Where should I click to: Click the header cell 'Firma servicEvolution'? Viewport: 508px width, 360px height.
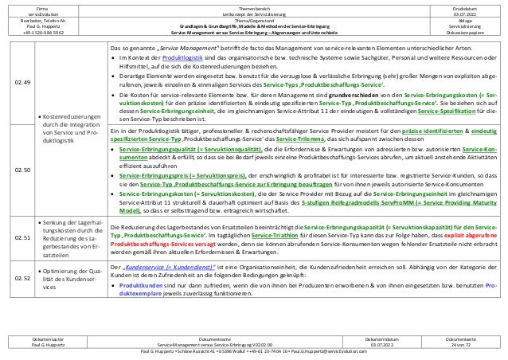coord(38,9)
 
